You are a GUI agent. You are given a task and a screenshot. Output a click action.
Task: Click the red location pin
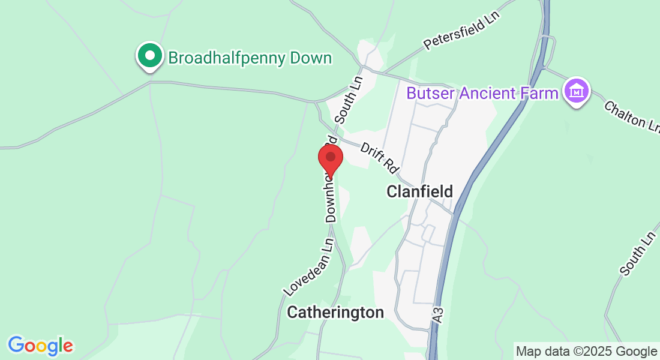[x=330, y=158]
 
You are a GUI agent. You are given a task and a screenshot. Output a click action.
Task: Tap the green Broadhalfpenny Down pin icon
[x=150, y=56]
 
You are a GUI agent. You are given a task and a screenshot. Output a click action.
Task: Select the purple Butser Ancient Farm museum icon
[x=577, y=92]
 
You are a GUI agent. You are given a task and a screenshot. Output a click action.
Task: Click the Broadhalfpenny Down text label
[x=250, y=58]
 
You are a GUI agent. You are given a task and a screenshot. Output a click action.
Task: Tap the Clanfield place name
[x=419, y=191]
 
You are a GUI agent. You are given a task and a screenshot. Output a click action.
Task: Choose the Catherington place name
[x=335, y=312]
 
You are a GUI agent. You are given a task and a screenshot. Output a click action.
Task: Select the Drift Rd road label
[x=380, y=158]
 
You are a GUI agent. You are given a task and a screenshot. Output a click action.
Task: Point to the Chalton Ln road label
[x=632, y=116]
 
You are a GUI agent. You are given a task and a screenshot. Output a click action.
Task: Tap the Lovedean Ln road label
[x=308, y=268]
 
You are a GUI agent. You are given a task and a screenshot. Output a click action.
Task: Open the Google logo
[x=40, y=346]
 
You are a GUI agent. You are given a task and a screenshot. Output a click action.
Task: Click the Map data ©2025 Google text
[x=587, y=351]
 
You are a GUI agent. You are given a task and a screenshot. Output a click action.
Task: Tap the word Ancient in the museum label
[x=488, y=94]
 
